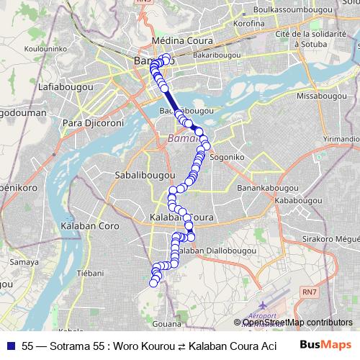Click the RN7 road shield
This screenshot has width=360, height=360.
point(308,292)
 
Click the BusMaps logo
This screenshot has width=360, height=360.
point(325,345)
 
